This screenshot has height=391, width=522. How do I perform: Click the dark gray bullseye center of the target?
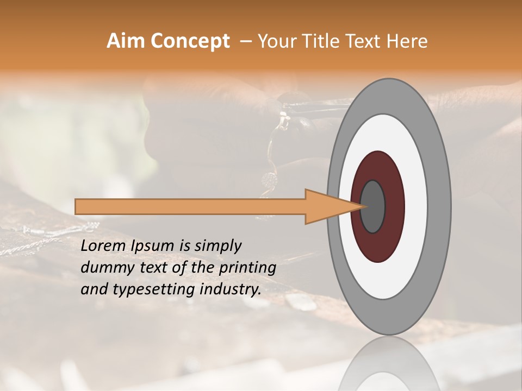(373, 206)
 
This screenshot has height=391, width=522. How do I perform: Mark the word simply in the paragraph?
(217, 246)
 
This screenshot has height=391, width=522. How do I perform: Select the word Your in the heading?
(275, 41)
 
